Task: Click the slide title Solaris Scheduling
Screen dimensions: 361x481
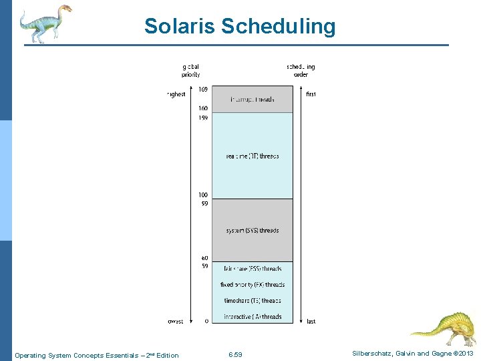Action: (x=240, y=26)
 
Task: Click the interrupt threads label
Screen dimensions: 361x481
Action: (x=252, y=100)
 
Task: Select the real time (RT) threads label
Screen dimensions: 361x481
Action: (x=252, y=156)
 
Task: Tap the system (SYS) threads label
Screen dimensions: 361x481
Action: (x=252, y=231)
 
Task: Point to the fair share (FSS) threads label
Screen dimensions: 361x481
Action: (x=252, y=269)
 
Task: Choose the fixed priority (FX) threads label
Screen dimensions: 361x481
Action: (x=252, y=285)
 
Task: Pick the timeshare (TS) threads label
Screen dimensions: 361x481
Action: (x=252, y=301)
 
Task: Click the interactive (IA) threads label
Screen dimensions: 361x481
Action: (x=252, y=317)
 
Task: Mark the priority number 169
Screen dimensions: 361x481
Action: (x=202, y=90)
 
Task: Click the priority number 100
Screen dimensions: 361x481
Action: (x=202, y=195)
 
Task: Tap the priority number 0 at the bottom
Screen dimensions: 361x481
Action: (x=206, y=322)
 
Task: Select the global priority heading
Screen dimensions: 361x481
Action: (x=190, y=70)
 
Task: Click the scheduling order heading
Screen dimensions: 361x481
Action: (x=301, y=70)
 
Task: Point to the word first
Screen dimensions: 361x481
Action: (x=311, y=94)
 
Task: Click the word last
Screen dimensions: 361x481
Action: (x=311, y=322)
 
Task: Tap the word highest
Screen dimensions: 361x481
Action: (x=176, y=94)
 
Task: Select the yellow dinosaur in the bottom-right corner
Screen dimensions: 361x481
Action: (x=442, y=328)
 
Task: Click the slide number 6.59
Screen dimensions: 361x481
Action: (x=235, y=355)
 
